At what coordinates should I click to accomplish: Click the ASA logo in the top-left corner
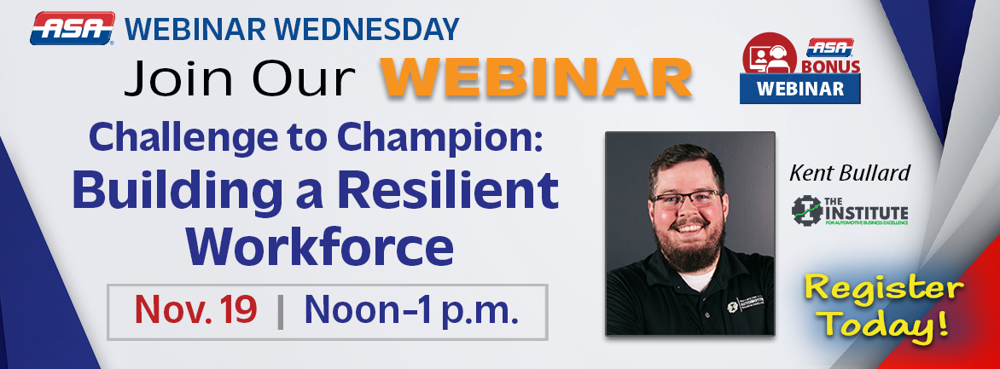73,28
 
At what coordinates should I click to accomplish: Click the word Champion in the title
463,137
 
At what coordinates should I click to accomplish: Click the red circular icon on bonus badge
764,57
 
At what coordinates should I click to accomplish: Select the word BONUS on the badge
830,66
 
